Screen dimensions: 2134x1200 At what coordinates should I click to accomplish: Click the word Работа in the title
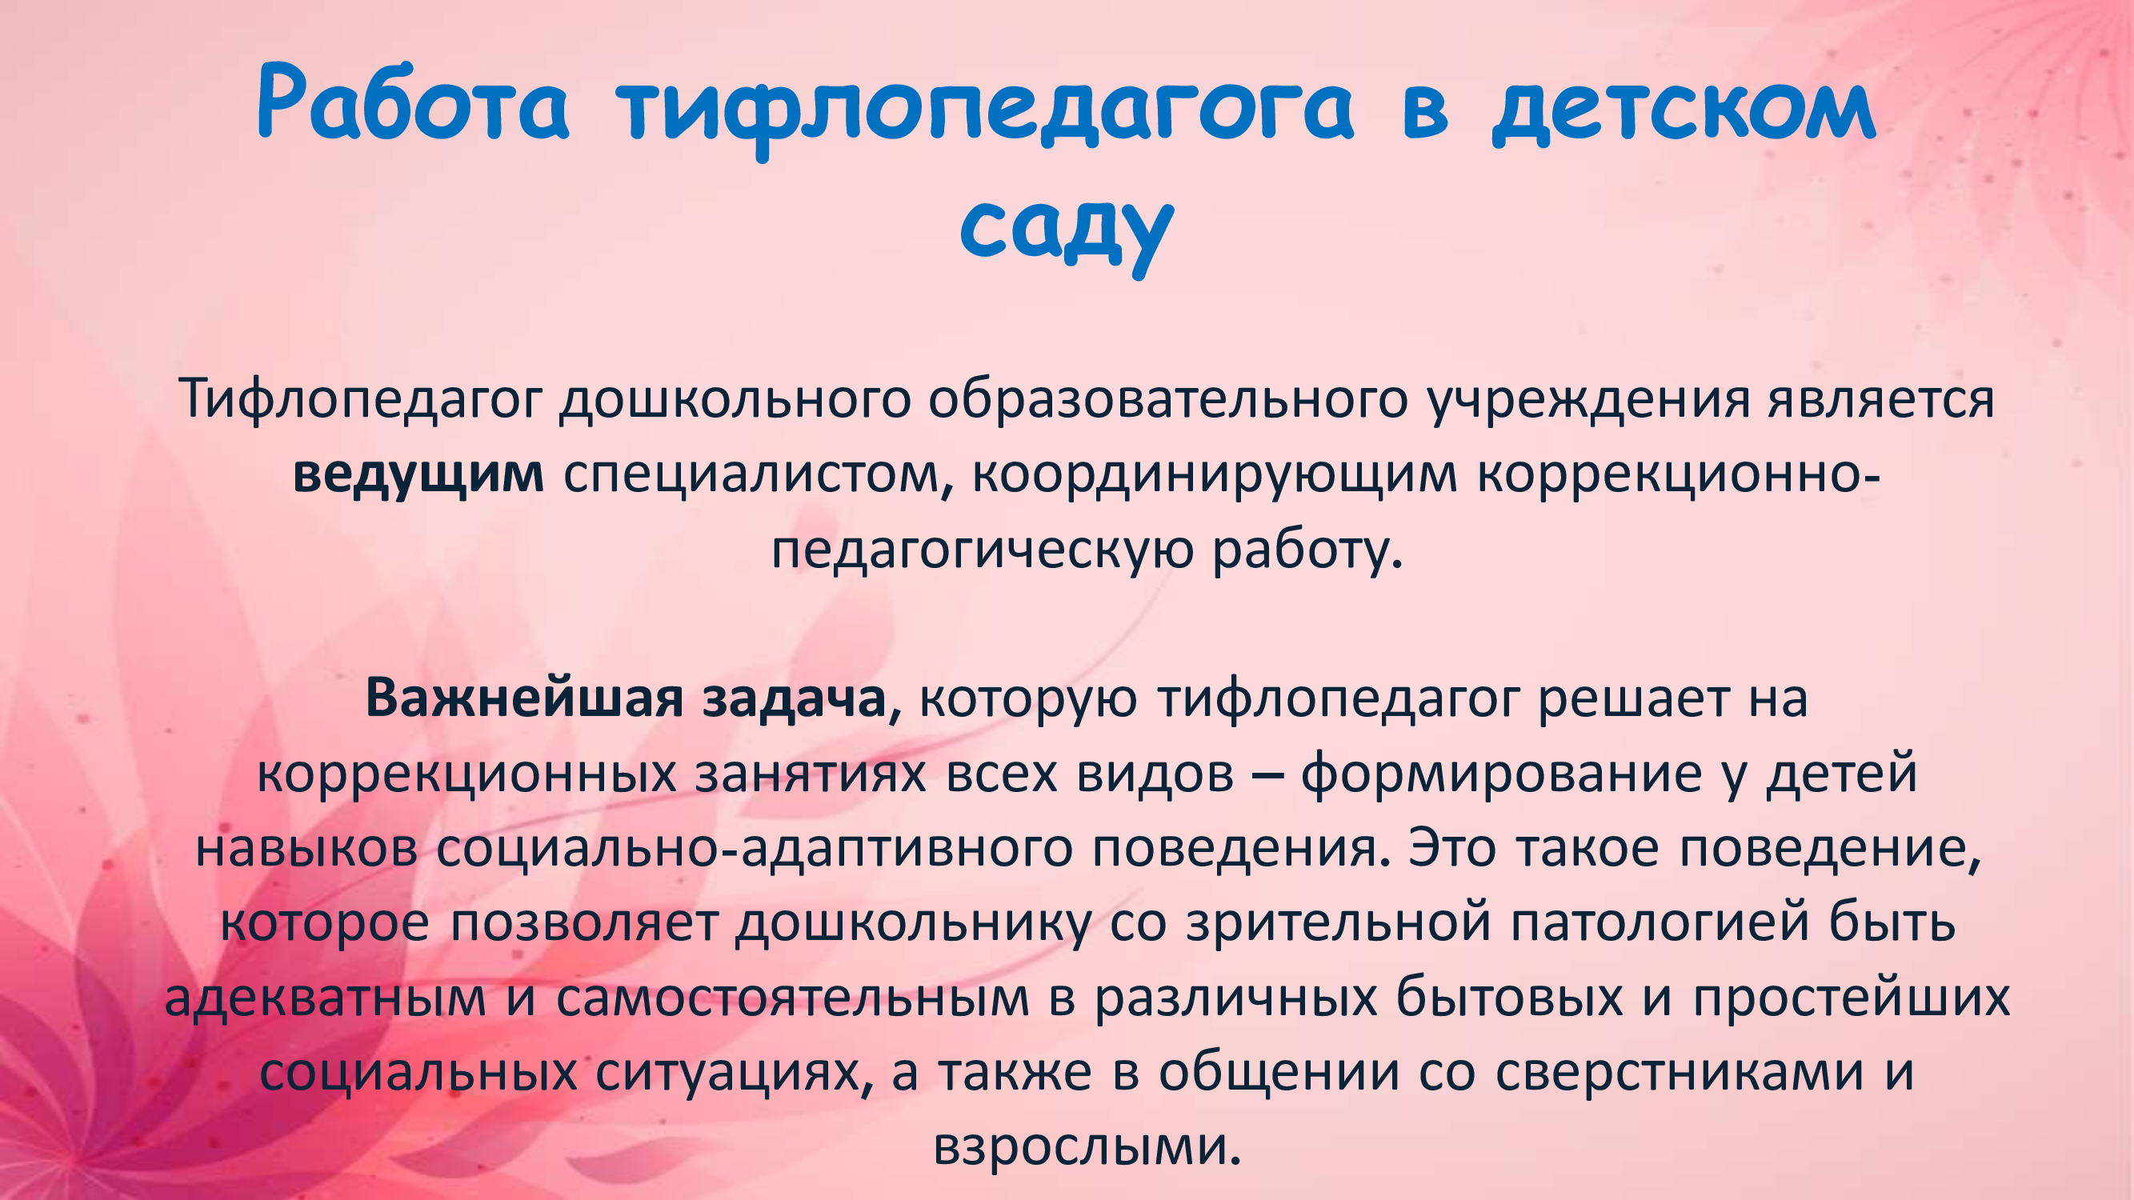pos(414,103)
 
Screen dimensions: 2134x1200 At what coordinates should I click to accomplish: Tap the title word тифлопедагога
pos(984,112)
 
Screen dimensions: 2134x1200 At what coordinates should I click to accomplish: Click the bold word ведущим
pos(418,475)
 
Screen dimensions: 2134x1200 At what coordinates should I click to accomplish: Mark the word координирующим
pos(1215,475)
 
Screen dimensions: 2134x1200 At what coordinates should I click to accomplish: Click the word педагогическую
pos(983,550)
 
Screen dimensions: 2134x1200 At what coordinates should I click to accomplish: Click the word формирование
pos(1501,774)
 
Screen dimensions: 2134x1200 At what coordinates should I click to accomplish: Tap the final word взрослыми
pos(1086,1149)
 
